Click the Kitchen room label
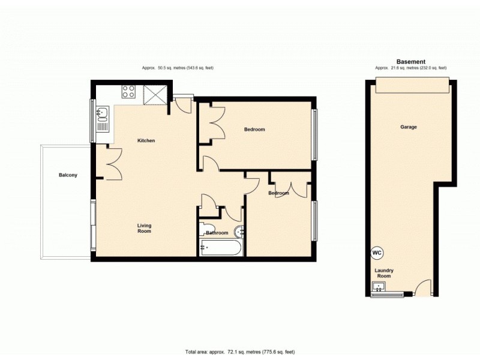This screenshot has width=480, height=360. click(x=146, y=141)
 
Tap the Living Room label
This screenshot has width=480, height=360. click(x=144, y=228)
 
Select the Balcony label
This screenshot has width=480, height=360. click(x=68, y=175)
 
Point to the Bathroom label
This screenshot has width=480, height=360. click(x=217, y=233)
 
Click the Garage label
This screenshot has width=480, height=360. click(x=409, y=127)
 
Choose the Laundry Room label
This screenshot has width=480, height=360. click(x=384, y=274)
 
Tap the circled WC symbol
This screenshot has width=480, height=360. click(x=377, y=253)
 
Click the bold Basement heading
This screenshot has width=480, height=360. click(x=411, y=62)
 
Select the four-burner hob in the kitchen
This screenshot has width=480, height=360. click(x=128, y=91)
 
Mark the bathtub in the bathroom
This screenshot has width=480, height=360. click(x=220, y=247)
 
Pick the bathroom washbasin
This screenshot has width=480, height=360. click(x=240, y=232)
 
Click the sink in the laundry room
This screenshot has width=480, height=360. click(x=378, y=287)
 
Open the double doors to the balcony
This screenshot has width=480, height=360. click(x=110, y=163)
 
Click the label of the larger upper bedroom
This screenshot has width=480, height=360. click(x=254, y=130)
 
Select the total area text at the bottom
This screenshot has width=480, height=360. click(x=240, y=351)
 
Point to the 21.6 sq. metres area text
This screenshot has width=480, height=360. click(x=411, y=68)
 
